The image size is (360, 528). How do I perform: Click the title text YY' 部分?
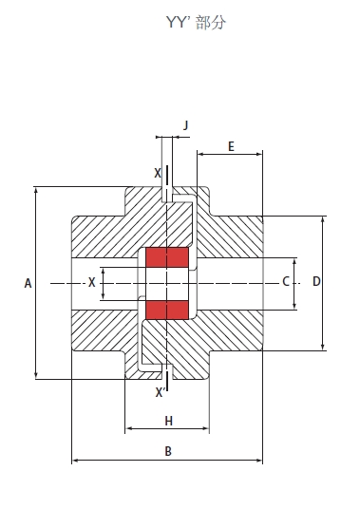(x=196, y=23)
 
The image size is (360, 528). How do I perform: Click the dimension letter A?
(x=28, y=283)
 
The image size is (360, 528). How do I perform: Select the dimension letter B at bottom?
(x=168, y=451)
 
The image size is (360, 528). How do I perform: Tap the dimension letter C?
(x=286, y=281)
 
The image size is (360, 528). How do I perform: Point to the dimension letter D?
(x=316, y=281)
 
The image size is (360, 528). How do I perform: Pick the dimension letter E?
(x=231, y=146)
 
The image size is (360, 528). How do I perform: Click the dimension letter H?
(x=169, y=421)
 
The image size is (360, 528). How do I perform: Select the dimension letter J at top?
(x=185, y=125)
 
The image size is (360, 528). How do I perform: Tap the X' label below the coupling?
(x=161, y=392)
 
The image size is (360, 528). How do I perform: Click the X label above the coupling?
(x=158, y=173)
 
